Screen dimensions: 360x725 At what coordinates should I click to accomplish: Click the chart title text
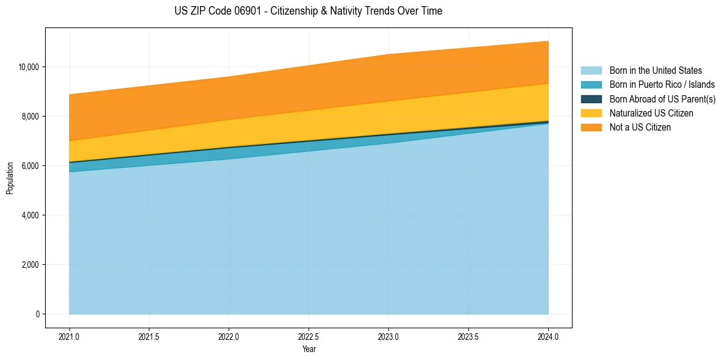308,11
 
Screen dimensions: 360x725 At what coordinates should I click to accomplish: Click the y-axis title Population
10,178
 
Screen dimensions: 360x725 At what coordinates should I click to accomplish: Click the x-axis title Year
309,349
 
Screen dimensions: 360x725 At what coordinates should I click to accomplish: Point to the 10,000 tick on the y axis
28,67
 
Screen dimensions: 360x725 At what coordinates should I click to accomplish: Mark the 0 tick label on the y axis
37,314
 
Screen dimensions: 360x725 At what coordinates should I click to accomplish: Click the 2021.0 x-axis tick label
70,336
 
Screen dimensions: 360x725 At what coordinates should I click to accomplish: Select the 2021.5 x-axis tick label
149,336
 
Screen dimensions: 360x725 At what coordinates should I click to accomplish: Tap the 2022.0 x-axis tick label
229,336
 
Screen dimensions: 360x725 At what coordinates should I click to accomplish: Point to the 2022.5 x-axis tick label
309,336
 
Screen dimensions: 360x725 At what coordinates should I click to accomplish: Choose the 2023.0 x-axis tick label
388,336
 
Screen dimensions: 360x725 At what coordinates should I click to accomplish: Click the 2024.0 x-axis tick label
548,336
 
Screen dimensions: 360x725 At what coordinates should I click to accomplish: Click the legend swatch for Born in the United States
591,71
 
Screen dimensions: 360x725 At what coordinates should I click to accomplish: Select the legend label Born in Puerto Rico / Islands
662,85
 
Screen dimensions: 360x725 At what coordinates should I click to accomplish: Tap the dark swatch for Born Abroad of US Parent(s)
591,99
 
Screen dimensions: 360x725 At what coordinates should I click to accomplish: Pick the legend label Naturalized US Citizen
651,113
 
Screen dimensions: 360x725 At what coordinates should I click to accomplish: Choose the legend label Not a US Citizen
640,127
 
